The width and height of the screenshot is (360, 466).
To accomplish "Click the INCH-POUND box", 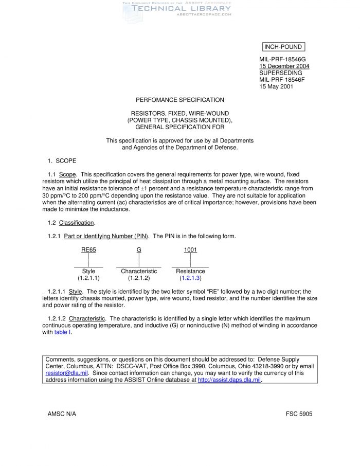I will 282,47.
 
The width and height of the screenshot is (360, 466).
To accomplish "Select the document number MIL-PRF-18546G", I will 282,60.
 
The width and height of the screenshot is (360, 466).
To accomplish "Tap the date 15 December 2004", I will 284,66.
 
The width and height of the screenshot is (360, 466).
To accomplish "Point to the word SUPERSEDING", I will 280,73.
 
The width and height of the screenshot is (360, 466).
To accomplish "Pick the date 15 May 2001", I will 276,86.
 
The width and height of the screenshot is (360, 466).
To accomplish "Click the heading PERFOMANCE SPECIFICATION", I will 179,100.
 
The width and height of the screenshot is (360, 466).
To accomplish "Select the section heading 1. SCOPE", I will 62,161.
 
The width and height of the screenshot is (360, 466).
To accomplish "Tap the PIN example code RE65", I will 88,250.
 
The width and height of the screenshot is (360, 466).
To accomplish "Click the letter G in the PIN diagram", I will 139,250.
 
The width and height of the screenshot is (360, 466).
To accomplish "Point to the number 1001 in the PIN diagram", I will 190,250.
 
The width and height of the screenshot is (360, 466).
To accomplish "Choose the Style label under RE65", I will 88,271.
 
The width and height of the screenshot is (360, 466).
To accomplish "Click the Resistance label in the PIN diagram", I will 190,271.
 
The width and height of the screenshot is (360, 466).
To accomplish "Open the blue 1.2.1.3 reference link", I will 190,278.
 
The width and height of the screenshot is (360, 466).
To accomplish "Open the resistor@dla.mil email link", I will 67,373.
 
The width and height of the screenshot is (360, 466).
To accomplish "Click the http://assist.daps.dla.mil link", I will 229,380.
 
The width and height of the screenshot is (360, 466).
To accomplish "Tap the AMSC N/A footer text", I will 62,414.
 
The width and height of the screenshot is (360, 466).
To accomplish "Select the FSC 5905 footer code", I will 299,414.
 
